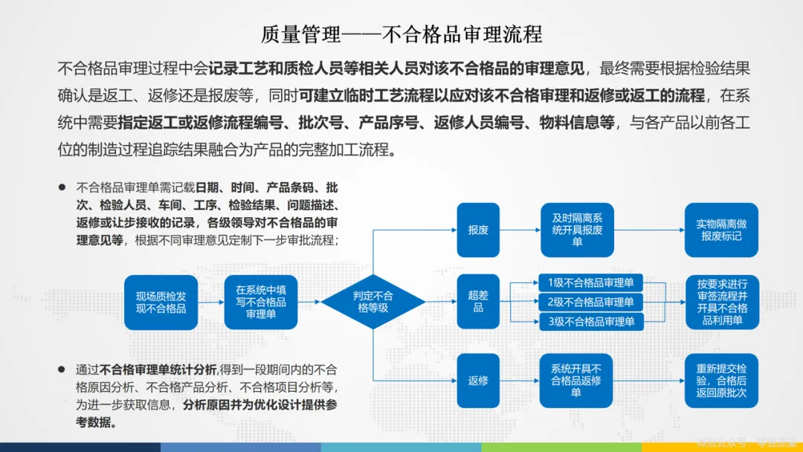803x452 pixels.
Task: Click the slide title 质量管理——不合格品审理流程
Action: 401,34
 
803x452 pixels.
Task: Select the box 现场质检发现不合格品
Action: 161,302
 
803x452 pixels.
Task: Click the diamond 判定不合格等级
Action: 373,302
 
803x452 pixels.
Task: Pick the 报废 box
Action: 478,230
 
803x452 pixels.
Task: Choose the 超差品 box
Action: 478,302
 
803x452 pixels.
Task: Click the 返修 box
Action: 478,380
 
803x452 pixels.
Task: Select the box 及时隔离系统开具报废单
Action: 577,230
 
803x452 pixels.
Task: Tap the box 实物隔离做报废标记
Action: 721,230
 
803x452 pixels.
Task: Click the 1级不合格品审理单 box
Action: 591,282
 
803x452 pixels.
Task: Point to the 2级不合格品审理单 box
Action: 591,302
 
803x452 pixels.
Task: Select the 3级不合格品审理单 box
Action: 591,322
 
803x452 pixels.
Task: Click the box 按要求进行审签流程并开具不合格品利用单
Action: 721,302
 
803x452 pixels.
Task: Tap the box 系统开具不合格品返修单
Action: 577,380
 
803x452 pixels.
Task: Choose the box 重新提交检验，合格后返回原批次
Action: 721,380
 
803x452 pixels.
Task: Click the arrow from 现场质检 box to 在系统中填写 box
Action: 210,302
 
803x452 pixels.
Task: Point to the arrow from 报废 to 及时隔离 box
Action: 520,230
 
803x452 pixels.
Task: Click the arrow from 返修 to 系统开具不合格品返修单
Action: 520,380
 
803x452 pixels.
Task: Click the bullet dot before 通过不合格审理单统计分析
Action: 62,367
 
